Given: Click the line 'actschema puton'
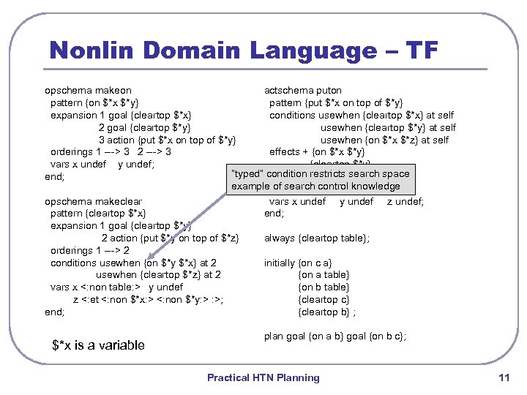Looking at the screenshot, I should pyautogui.click(x=302, y=91).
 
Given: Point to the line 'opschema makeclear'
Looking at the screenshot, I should pyautogui.click(x=93, y=201).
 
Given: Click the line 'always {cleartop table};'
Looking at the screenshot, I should pyautogui.click(x=317, y=238).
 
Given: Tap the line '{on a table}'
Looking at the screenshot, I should pyautogui.click(x=324, y=275).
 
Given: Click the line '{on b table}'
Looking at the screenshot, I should pyautogui.click(x=324, y=287).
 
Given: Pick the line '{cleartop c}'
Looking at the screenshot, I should pyautogui.click(x=324, y=300).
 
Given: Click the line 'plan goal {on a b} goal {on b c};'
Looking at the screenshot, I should pyautogui.click(x=335, y=336).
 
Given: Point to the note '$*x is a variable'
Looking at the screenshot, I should pyautogui.click(x=99, y=345).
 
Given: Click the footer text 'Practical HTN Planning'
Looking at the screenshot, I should pyautogui.click(x=263, y=378).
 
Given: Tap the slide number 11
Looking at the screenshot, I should pyautogui.click(x=503, y=378).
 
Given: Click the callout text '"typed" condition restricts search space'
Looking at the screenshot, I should pyautogui.click(x=320, y=174).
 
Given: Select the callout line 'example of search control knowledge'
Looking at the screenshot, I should pyautogui.click(x=315, y=187).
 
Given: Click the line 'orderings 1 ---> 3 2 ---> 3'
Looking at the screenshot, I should pyautogui.click(x=111, y=152).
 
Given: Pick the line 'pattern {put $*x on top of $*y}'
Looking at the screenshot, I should pyautogui.click(x=336, y=103).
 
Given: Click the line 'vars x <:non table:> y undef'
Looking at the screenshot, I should pyautogui.click(x=116, y=287).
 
